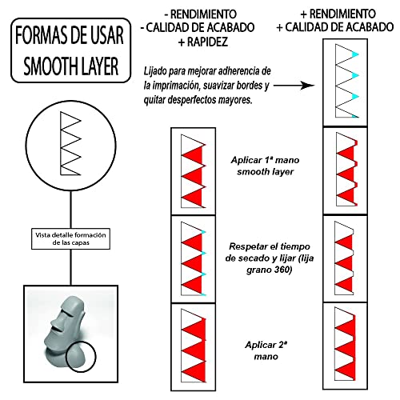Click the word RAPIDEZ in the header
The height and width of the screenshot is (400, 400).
point(207,42)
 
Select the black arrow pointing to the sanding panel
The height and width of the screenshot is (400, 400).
point(294,86)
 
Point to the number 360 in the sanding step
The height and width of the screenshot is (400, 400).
point(282,270)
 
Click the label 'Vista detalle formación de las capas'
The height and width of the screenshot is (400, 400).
point(70,239)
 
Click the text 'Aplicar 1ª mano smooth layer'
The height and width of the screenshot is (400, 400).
point(265,166)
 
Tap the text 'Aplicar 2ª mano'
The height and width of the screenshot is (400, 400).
point(266,350)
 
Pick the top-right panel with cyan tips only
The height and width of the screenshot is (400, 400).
point(346,82)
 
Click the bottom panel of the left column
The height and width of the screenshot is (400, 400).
point(193,347)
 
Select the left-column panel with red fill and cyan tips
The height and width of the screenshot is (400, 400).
point(193,259)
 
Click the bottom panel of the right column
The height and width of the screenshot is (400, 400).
point(346,346)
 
